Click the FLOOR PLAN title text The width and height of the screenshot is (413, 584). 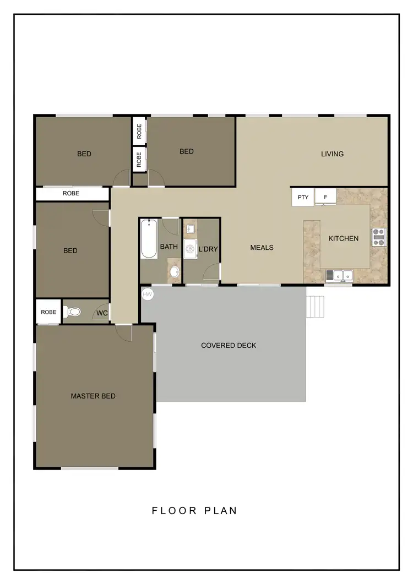[194, 511]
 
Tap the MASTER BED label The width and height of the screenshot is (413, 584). [93, 396]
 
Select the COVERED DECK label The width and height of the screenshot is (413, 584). [229, 346]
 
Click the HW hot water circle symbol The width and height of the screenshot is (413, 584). [148, 294]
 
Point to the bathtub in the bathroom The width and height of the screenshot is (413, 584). [149, 239]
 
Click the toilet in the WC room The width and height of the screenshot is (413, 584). [73, 312]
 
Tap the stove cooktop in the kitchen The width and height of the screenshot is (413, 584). [379, 237]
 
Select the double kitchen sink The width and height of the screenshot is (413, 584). [342, 275]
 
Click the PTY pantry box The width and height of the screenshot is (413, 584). [302, 197]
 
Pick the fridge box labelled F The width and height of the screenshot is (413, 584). [325, 197]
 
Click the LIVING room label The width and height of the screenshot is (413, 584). [332, 154]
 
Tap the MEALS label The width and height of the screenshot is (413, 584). [262, 248]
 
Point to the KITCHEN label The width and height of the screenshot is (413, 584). [344, 238]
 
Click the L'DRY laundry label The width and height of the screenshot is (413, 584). [208, 249]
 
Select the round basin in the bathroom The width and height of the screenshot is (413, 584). [175, 272]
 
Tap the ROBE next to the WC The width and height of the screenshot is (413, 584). [48, 312]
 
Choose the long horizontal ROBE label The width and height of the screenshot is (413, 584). [71, 194]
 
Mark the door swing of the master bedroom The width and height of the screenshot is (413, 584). [124, 332]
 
